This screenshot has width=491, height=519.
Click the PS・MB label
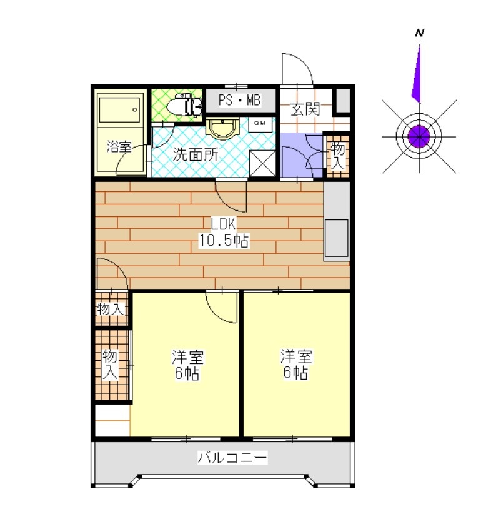coord(241,100)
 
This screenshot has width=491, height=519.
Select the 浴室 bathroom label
coord(119,148)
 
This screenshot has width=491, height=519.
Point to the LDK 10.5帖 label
coord(223,233)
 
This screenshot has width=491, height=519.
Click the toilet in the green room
coord(188,104)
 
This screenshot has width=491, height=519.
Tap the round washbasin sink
coord(221,129)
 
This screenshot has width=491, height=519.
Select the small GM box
coord(262,123)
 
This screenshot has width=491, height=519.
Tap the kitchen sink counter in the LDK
coord(336,222)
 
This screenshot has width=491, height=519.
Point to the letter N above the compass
coord(420,33)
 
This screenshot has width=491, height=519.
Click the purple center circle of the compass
coord(418,134)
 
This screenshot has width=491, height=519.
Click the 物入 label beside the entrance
coord(337,156)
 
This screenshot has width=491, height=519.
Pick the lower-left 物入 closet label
coord(110,365)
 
